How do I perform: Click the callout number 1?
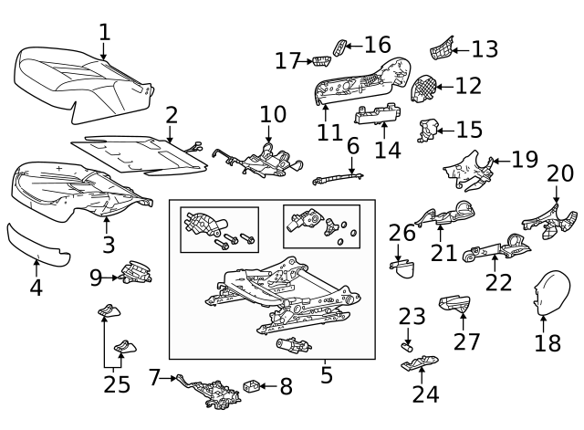pyautogui.click(x=104, y=32)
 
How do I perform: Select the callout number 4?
pyautogui.click(x=36, y=288)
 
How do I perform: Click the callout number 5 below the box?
pyautogui.click(x=327, y=374)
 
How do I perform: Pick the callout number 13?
pyautogui.click(x=485, y=48)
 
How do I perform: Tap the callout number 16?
pyautogui.click(x=377, y=44)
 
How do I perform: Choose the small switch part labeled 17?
pyautogui.click(x=321, y=60)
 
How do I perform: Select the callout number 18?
pyautogui.click(x=547, y=343)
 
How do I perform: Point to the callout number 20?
pyautogui.click(x=560, y=173)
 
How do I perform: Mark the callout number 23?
pyautogui.click(x=412, y=317)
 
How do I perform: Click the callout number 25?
pyautogui.click(x=117, y=384)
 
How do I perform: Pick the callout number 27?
pyautogui.click(x=467, y=341)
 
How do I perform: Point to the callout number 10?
pyautogui.click(x=273, y=115)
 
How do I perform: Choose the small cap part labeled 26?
pyautogui.click(x=403, y=267)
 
